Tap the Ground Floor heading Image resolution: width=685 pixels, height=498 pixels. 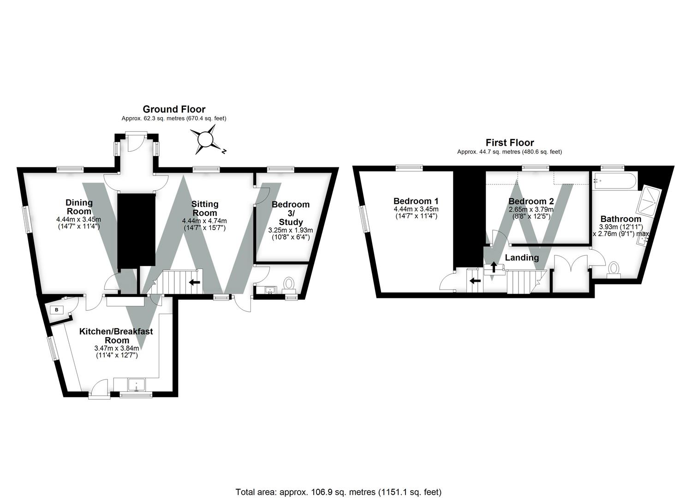click(x=174, y=109)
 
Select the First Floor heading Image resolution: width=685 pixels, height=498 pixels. click(x=510, y=142)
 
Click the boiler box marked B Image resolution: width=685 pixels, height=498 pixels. click(x=57, y=310)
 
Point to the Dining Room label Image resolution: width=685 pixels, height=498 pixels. click(x=79, y=207)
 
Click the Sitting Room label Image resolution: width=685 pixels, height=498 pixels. click(x=205, y=208)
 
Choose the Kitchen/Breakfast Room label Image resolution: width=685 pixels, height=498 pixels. click(x=116, y=336)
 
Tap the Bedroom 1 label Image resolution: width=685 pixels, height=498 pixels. click(x=416, y=201)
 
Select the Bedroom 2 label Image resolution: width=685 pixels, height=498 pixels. click(x=531, y=202)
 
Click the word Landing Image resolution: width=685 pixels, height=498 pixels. click(x=522, y=258)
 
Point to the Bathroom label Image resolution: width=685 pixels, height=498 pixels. click(x=621, y=219)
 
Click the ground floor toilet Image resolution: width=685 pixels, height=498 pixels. click(x=288, y=284)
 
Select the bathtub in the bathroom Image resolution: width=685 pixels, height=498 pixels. click(x=615, y=181)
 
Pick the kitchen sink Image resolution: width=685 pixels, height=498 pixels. click(x=137, y=385)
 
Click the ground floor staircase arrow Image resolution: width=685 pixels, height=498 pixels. click(x=195, y=282)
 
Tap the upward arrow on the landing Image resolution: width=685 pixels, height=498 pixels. click(x=494, y=267)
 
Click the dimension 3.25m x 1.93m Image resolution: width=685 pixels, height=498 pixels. click(x=291, y=230)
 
